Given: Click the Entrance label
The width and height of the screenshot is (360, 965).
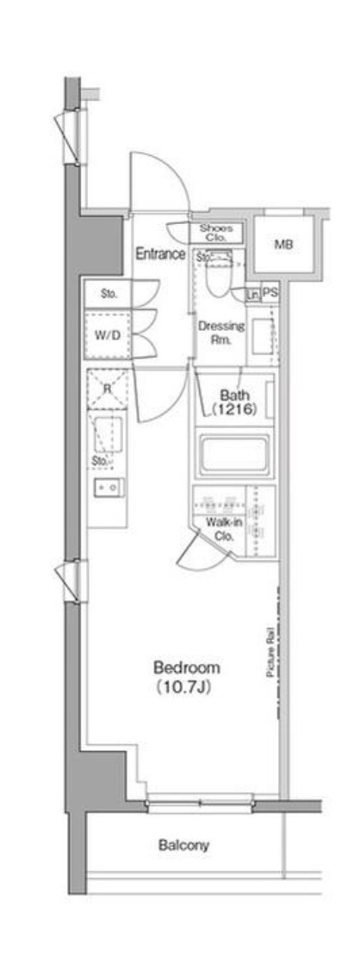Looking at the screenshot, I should coord(160,254).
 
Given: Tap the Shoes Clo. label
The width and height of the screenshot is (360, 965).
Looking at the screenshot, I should coord(216,232).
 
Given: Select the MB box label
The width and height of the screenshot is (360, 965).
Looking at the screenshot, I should coord(283,245).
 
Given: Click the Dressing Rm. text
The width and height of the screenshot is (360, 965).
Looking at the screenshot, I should coord(221,333).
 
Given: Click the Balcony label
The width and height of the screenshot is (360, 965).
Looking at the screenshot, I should coord(183,845).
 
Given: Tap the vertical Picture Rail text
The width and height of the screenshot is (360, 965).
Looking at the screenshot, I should coord(270,655).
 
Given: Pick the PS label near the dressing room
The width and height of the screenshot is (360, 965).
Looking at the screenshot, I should coord(270,293).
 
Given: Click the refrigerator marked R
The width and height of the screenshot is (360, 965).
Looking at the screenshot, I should coord(107,389).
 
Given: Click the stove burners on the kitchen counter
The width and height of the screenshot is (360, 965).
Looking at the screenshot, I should coord(109,487).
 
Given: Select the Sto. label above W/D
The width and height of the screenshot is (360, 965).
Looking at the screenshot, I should coord(109,294).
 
